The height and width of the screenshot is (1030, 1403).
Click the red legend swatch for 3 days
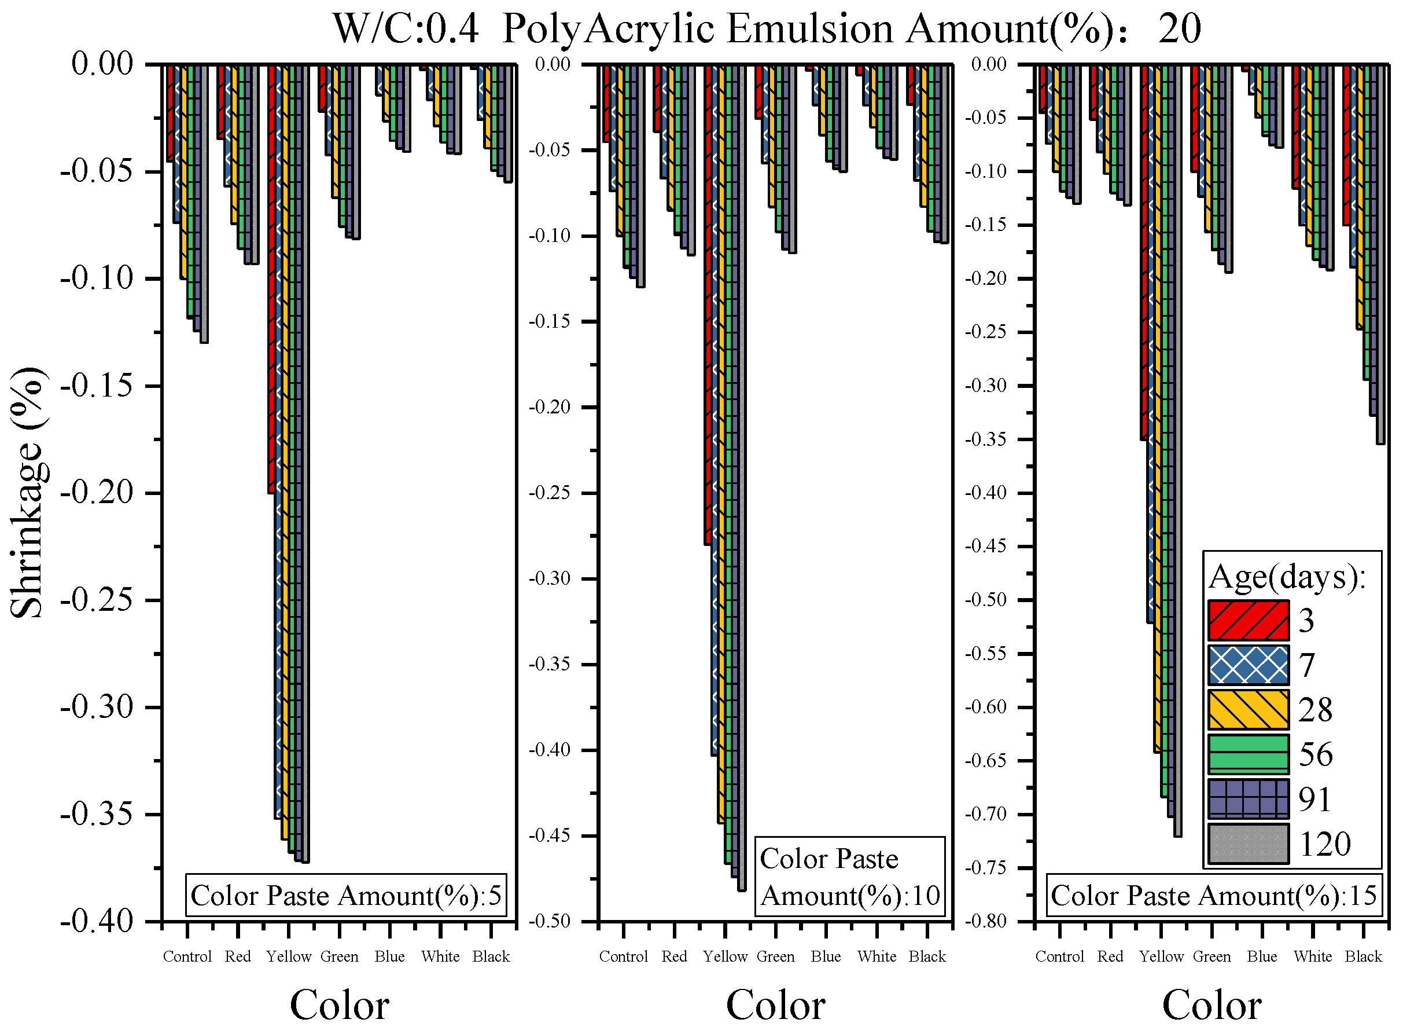1248,620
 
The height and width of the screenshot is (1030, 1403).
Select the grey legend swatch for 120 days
1248,844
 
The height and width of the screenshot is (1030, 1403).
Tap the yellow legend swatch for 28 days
1248,709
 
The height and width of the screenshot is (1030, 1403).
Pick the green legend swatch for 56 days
1248,754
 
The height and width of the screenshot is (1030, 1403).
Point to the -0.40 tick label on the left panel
97,921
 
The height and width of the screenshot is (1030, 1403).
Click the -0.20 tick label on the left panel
97,493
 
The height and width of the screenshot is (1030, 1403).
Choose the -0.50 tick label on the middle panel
550,921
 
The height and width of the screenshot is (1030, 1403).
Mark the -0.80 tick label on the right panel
986,921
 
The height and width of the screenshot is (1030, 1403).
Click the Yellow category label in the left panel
289,956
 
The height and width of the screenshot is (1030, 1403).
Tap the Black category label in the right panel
1363,956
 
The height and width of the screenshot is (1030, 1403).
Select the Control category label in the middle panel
623,956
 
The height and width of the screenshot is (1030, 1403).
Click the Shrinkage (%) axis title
27,493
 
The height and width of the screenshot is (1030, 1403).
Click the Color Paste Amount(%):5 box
346,895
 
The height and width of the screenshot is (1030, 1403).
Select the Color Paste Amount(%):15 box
1214,895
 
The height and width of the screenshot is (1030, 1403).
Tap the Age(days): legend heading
1287,577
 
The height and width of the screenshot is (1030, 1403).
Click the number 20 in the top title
1179,29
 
